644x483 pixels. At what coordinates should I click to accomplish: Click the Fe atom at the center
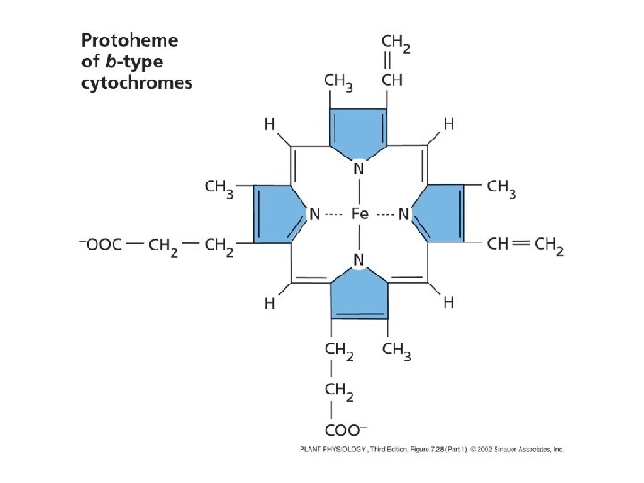coord(360,214)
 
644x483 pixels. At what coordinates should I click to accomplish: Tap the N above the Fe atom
coord(359,168)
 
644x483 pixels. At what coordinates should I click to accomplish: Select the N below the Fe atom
coord(359,260)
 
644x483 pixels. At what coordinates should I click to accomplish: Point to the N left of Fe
coord(315,214)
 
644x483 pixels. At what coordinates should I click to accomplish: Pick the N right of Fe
coord(403,214)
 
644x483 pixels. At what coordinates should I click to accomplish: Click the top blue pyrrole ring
coord(359,128)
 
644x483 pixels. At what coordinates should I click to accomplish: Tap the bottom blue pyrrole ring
coord(359,299)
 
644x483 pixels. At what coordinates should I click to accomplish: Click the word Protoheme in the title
coord(130,40)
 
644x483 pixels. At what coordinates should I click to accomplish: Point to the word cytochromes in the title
coord(137,83)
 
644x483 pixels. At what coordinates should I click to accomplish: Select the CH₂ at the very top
coord(395,42)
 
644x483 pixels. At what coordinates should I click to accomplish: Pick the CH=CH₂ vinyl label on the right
coord(525,245)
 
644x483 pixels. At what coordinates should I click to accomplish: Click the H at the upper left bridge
coord(269,124)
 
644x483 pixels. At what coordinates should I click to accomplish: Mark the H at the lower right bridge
coord(448,303)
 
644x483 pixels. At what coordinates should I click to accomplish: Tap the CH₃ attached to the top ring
coord(339,81)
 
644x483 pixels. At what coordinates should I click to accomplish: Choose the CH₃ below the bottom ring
coord(396,351)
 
